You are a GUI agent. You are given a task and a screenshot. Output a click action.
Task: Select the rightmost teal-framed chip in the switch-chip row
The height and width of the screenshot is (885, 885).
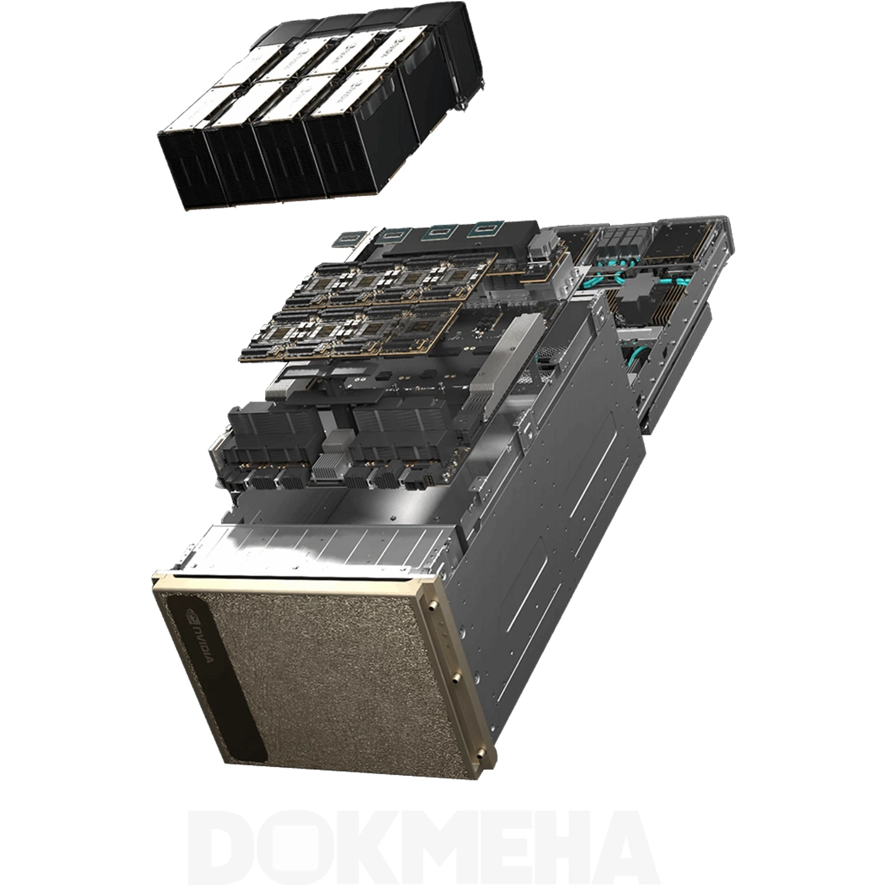point(484,230)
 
